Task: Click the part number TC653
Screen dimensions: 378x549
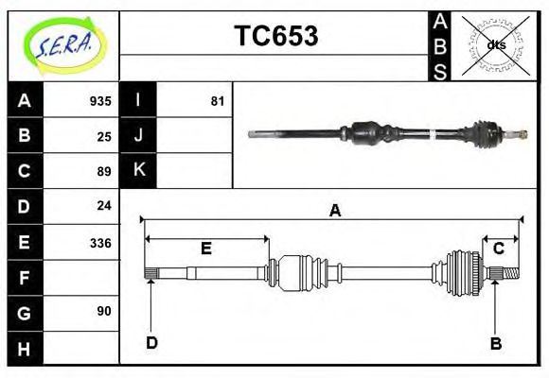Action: (x=275, y=36)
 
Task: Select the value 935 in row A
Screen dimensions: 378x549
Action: (x=100, y=101)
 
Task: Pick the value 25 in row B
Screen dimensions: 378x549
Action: (x=104, y=136)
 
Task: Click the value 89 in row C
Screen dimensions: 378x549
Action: (x=104, y=171)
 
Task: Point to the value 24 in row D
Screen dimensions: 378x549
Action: (x=104, y=205)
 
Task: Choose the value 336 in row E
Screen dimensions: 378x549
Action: (x=100, y=243)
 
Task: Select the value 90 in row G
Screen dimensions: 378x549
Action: (x=104, y=311)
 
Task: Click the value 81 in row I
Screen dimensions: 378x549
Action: (x=218, y=101)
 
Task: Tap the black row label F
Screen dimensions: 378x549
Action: (x=25, y=278)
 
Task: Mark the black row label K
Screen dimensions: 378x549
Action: (x=139, y=170)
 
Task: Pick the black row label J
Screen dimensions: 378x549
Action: (x=139, y=135)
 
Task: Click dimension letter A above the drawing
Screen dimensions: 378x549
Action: (x=334, y=211)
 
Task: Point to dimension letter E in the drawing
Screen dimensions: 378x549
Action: (x=205, y=249)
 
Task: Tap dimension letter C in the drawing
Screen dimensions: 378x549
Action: (x=498, y=249)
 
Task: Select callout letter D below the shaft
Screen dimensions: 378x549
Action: (x=151, y=342)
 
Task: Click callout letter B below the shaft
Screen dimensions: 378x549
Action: (x=495, y=343)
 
